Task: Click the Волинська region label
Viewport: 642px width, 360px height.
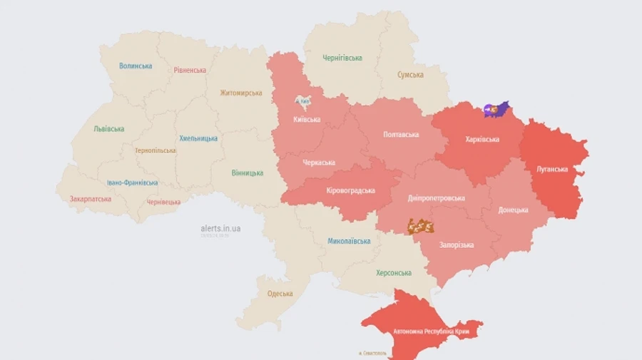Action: [136, 66]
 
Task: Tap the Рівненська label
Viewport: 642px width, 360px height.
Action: [190, 70]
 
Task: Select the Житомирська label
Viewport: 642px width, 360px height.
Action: [240, 93]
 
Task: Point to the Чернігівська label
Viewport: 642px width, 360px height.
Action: [342, 58]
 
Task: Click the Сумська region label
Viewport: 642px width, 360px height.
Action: [410, 75]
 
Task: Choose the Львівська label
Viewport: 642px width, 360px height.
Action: [108, 129]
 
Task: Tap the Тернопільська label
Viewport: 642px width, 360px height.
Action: [155, 150]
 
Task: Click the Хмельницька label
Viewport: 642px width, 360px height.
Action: [198, 138]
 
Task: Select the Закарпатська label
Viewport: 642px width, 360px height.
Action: [90, 199]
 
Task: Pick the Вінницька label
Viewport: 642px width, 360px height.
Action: [247, 173]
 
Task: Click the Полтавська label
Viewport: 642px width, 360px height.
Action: [400, 134]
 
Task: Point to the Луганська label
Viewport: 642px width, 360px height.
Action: [551, 169]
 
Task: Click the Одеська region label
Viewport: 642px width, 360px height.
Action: [280, 294]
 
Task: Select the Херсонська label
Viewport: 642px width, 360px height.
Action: [394, 273]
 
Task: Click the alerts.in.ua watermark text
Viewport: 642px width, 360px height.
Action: [220, 228]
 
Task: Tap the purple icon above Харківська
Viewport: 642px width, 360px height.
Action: [496, 109]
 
